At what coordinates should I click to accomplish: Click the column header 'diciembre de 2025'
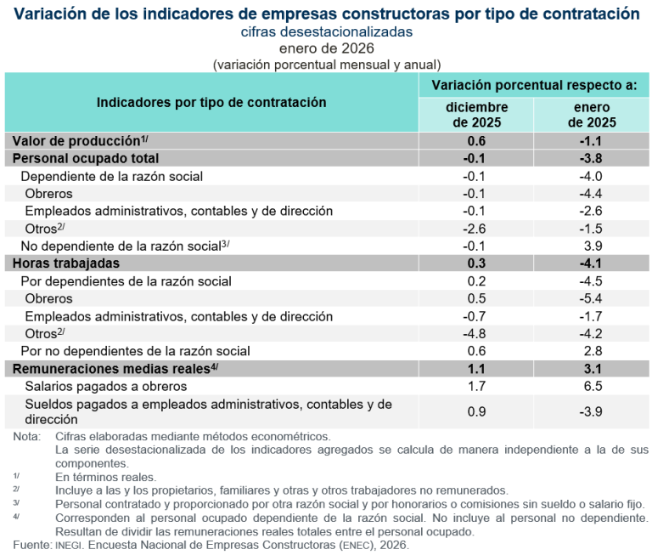(476, 115)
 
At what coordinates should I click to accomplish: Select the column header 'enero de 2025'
(592, 115)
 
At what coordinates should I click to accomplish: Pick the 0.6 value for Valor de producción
(476, 141)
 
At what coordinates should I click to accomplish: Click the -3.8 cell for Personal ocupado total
(592, 158)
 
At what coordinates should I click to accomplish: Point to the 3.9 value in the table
(593, 246)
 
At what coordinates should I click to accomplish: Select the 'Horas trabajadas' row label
(65, 263)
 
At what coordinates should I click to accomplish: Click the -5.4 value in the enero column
(592, 298)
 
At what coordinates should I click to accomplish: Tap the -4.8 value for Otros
(476, 333)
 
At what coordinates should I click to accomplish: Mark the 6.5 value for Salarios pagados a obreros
(593, 386)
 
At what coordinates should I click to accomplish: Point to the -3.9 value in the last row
(592, 411)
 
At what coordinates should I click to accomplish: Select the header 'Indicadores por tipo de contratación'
(211, 102)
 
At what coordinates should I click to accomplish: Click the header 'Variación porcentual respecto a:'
(534, 85)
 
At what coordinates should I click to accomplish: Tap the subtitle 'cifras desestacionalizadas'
(326, 31)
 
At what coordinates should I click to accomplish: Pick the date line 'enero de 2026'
(326, 48)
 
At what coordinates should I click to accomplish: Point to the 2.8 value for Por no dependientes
(593, 351)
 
